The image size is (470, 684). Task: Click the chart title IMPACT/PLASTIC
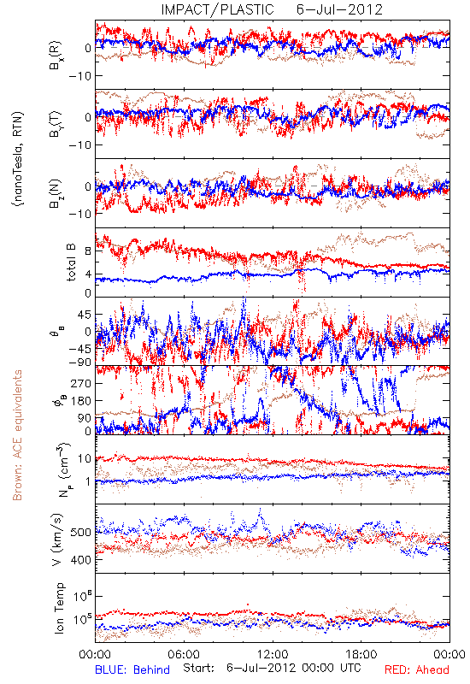(217, 9)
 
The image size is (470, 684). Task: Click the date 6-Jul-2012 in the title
(339, 9)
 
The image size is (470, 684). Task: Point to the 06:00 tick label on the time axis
(184, 654)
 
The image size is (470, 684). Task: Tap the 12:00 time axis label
(273, 654)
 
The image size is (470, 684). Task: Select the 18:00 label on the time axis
(361, 654)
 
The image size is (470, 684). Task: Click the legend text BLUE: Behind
(132, 669)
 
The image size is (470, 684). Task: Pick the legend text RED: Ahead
(417, 669)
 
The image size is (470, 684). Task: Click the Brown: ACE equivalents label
(17, 435)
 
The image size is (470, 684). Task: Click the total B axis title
(71, 262)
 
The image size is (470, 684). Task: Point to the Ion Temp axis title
(59, 608)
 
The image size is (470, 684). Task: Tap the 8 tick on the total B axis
(89, 251)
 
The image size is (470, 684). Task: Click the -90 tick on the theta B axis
(81, 362)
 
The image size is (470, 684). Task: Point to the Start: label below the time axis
(199, 669)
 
